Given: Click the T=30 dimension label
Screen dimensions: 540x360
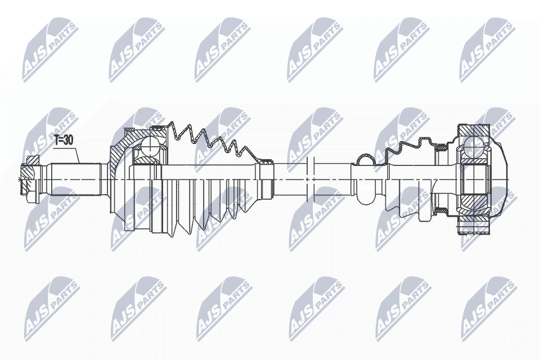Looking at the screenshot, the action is (64, 140).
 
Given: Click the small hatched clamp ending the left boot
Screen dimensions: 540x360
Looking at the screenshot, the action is (265, 161).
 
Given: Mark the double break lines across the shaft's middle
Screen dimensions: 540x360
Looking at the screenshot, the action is (310, 179).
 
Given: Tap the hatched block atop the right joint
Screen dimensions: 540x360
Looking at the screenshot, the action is (473, 130).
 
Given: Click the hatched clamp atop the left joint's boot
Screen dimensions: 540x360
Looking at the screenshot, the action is (159, 128).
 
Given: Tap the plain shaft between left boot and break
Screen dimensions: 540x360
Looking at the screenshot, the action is (289, 179).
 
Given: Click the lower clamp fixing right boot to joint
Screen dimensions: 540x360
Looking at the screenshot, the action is (441, 209).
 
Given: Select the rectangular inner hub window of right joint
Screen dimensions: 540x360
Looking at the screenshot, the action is (475, 179).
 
